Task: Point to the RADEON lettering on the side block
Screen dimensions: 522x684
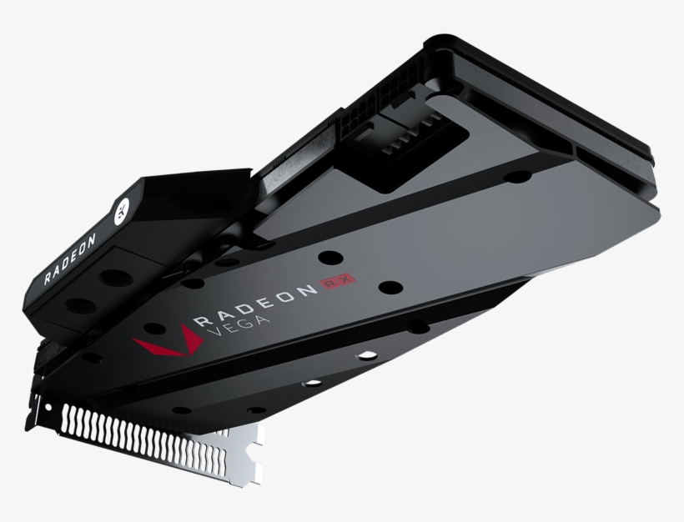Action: coord(71,258)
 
